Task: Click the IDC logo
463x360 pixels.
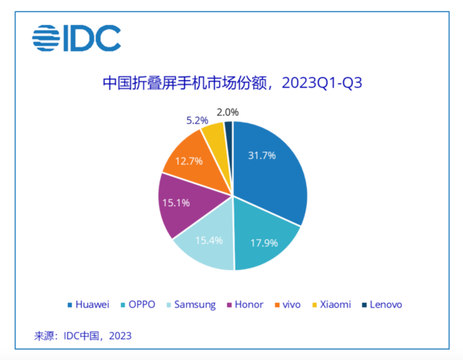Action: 76,38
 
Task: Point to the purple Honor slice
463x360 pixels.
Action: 179,203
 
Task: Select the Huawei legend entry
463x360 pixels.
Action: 89,304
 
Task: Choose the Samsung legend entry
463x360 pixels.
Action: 190,304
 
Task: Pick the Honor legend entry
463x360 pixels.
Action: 245,304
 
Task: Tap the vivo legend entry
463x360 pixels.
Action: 288,304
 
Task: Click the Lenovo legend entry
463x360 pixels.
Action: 381,304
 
